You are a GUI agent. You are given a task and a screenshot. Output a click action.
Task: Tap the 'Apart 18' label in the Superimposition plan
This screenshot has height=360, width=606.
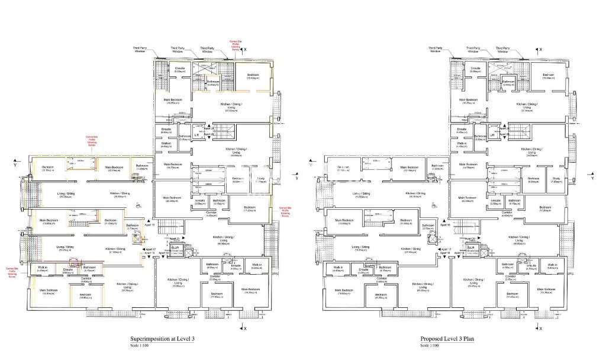pyautogui.click(x=149, y=253)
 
